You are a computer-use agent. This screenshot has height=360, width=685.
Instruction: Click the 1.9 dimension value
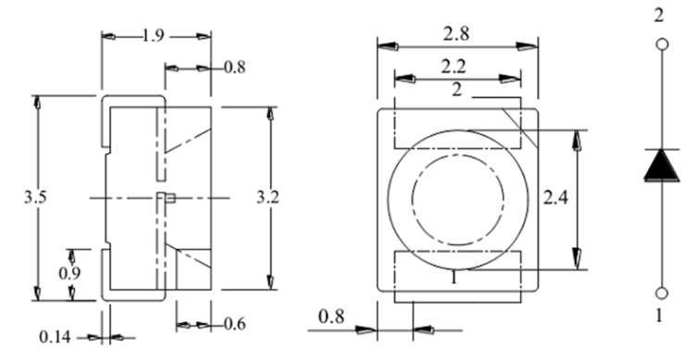pos(153,36)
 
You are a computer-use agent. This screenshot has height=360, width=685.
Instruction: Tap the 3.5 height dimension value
pos(35,197)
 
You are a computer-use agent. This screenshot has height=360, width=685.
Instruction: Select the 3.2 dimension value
pos(268,197)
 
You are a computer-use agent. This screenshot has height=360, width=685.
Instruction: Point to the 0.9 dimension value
pos(70,273)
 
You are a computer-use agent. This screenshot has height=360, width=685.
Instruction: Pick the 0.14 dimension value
pos(55,337)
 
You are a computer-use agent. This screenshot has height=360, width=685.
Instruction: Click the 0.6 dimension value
pos(234,324)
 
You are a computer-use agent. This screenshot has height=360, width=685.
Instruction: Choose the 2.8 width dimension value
pos(456,33)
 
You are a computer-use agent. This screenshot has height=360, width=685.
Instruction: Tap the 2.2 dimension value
pos(454,67)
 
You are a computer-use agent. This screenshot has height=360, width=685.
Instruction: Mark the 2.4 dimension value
pos(555,198)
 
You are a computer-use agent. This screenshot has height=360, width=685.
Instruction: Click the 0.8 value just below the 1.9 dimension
pos(234,68)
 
